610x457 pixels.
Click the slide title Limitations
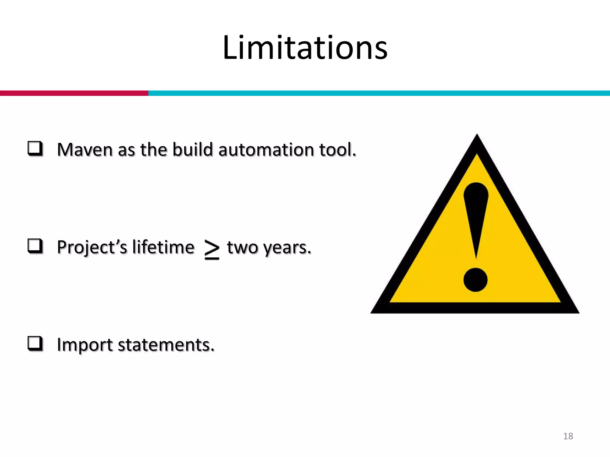click(305, 48)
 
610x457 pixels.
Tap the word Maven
click(85, 150)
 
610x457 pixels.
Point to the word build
click(192, 150)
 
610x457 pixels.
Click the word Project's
click(92, 248)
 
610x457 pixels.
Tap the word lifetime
click(163, 248)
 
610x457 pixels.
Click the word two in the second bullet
click(242, 248)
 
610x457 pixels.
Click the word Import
click(85, 345)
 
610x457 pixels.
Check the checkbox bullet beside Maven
click(35, 148)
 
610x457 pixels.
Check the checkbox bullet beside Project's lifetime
click(35, 246)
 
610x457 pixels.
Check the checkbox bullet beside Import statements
click(35, 344)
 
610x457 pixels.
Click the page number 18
click(568, 436)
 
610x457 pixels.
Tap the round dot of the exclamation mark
click(475, 280)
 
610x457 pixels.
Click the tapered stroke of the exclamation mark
click(476, 214)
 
